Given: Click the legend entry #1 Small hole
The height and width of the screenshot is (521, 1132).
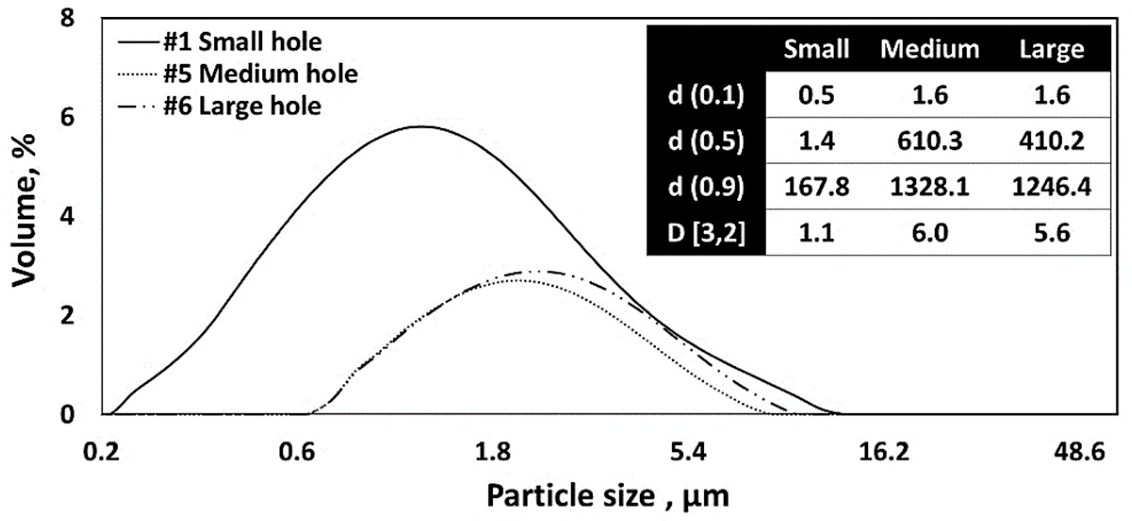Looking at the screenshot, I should click(242, 42).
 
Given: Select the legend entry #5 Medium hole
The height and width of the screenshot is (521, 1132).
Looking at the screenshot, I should click(260, 74).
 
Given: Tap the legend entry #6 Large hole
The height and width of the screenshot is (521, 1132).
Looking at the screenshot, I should click(242, 107).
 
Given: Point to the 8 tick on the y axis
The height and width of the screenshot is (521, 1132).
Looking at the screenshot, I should click(68, 19).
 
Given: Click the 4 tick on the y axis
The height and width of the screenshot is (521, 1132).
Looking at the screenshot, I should click(68, 217).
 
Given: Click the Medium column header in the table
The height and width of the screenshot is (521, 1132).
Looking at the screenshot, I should click(929, 49).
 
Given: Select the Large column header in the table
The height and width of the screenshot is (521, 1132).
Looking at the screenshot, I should click(1051, 49).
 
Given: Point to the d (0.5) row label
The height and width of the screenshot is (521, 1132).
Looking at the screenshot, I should click(706, 141).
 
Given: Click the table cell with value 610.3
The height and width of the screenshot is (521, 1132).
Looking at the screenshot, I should click(929, 141).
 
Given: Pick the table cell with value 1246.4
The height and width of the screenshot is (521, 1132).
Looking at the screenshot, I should click(1051, 187).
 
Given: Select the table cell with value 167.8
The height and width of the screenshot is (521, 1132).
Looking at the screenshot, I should click(816, 187).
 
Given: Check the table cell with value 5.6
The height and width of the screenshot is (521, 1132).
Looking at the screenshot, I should click(1051, 233).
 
